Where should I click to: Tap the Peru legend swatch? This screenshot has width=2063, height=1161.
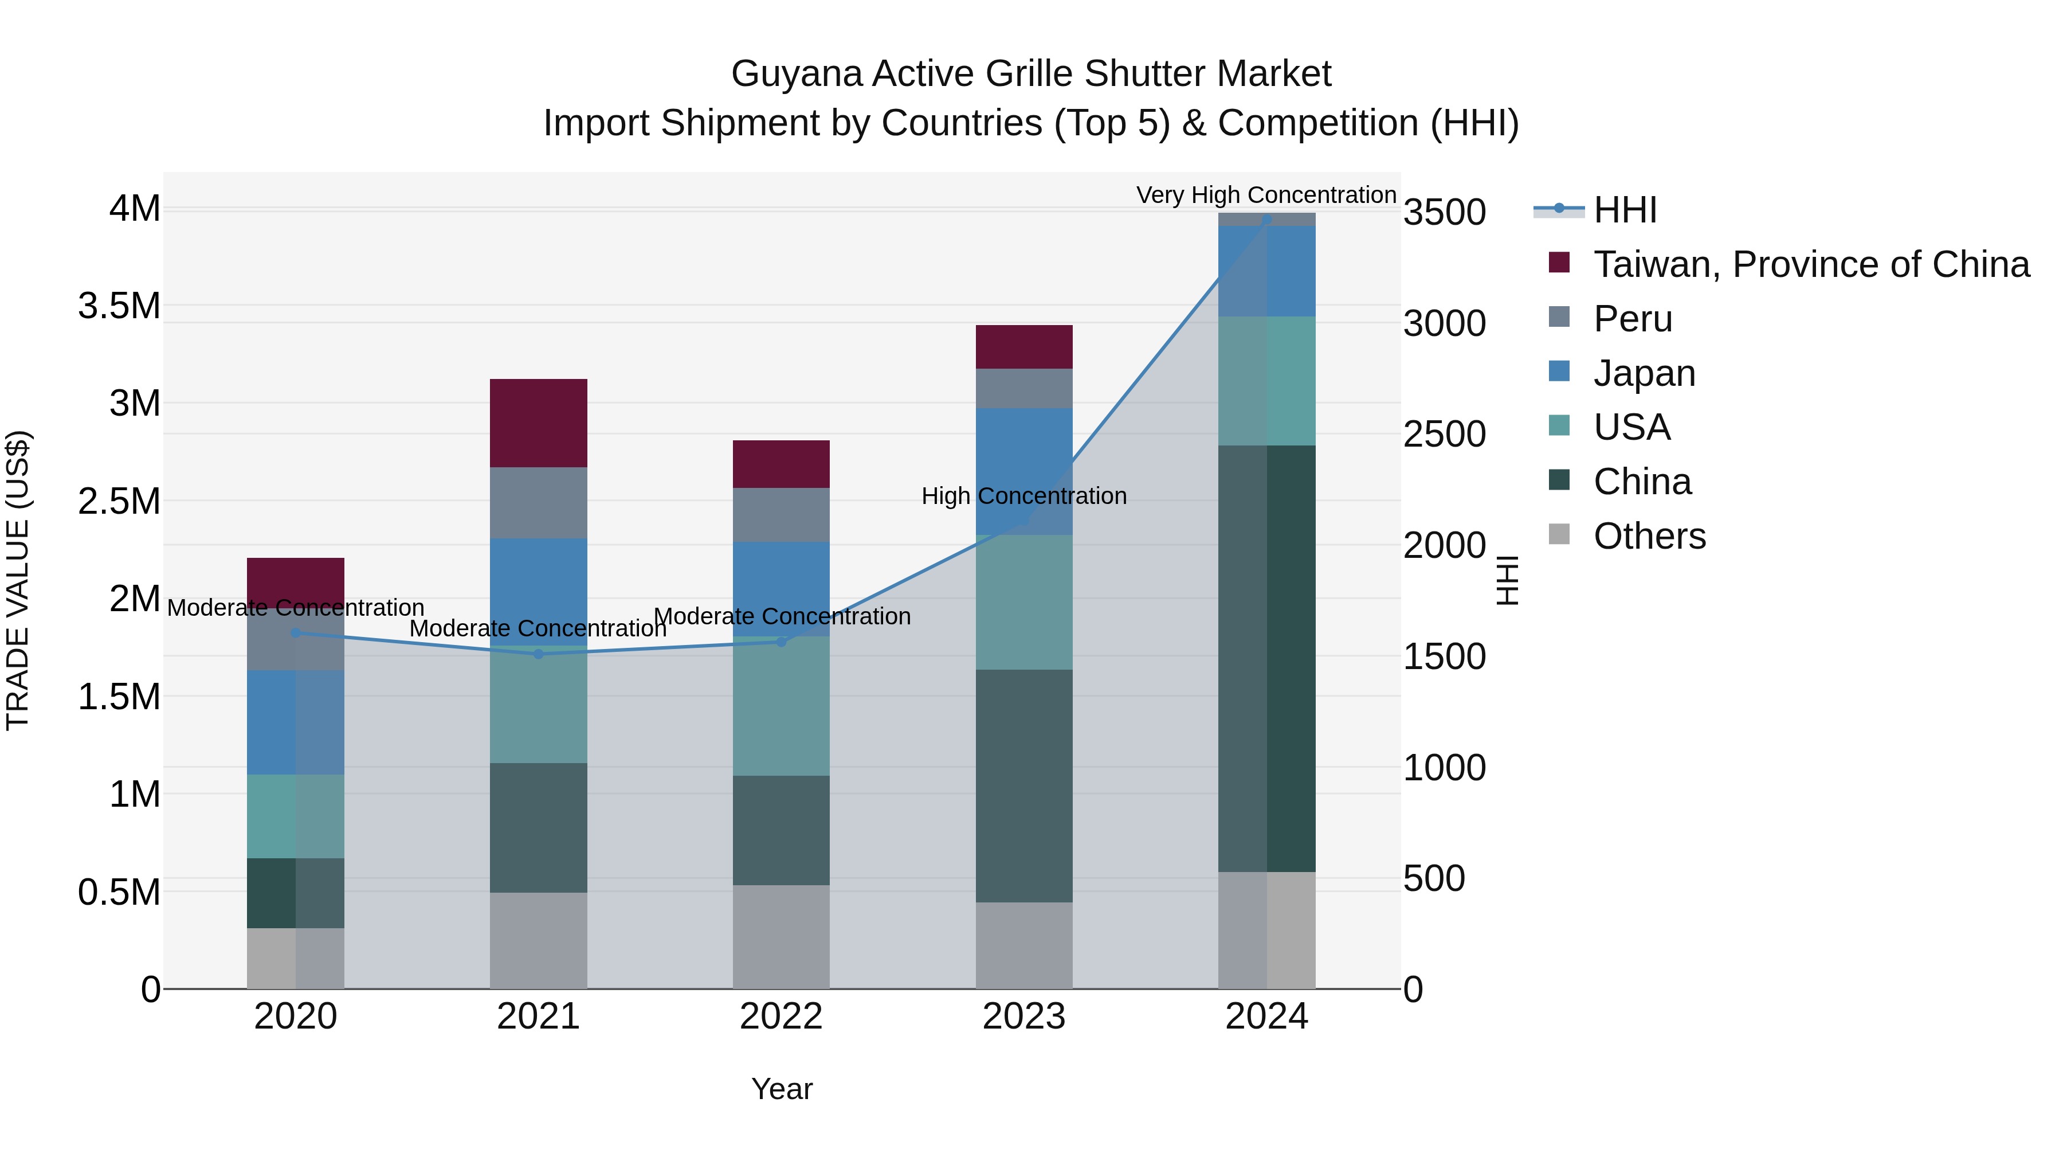[x=1559, y=317]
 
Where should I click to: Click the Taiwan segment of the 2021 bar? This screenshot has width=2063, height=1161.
[x=538, y=422]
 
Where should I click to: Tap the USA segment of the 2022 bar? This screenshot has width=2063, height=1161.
[x=781, y=705]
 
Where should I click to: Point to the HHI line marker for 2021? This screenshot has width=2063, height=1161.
[x=538, y=654]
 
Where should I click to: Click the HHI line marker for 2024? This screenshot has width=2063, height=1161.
[x=1266, y=220]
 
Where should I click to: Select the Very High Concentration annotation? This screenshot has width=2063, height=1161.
[x=1265, y=195]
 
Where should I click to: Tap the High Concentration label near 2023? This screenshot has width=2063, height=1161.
[x=1023, y=496]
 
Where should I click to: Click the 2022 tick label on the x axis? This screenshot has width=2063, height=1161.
[x=781, y=1017]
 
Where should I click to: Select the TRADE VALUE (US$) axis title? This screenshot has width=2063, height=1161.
[x=18, y=580]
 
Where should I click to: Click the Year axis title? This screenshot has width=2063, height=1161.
[x=782, y=1089]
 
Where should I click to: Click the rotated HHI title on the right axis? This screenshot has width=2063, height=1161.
[x=1507, y=580]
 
